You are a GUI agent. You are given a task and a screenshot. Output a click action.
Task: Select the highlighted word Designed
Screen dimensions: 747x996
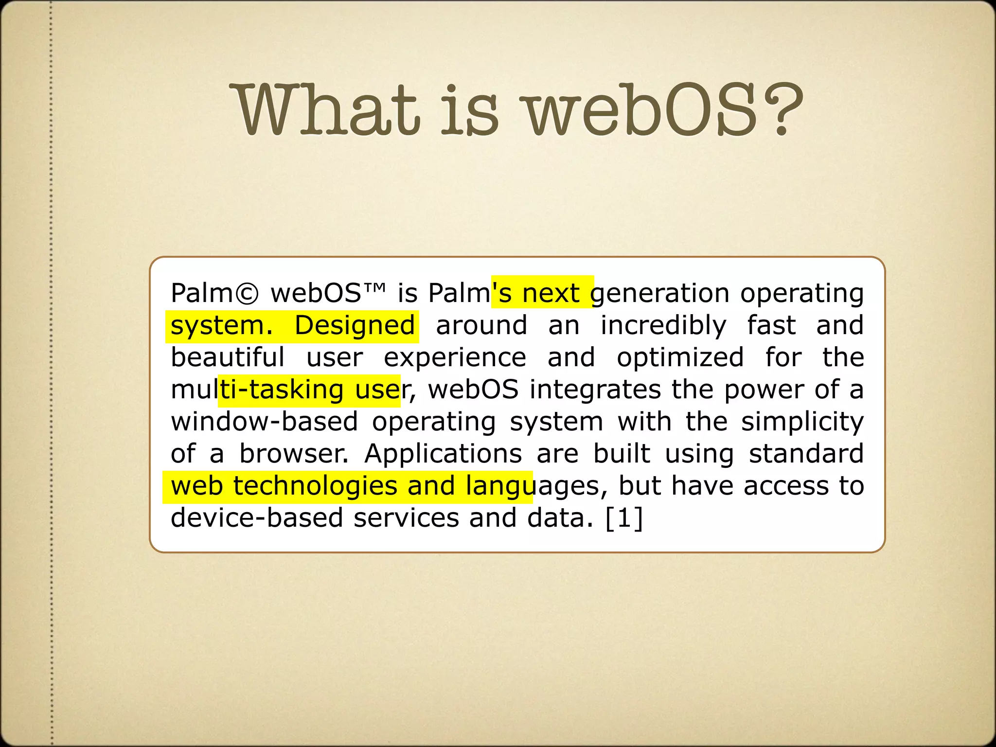tap(355, 326)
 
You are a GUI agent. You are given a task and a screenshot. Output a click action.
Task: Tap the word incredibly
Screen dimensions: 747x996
tap(663, 326)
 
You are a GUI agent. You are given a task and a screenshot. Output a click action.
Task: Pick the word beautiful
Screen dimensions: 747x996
tap(228, 357)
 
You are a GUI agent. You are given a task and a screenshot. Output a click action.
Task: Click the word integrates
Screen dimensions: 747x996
tap(595, 390)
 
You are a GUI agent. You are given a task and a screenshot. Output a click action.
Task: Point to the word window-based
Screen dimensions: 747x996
tap(264, 422)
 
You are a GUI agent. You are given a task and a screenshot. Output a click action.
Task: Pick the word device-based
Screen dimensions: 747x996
tap(257, 518)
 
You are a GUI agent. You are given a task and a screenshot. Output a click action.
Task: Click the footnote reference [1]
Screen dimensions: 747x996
tap(624, 518)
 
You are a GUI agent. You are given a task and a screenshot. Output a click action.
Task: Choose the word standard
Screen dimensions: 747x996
tap(806, 454)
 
